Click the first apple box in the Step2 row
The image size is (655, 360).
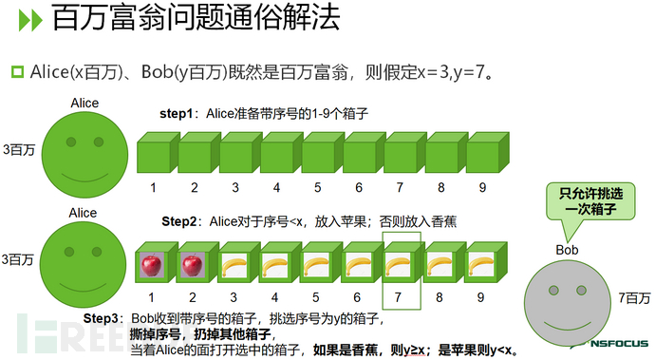pos(151,265)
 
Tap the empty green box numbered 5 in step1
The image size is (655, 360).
pos(318,155)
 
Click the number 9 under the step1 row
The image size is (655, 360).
pos(482,188)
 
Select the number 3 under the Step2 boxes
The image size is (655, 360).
pos(234,297)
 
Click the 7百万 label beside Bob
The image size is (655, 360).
pos(633,297)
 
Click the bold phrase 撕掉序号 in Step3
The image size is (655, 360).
pos(156,333)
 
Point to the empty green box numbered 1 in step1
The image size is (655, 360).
pos(153,155)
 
